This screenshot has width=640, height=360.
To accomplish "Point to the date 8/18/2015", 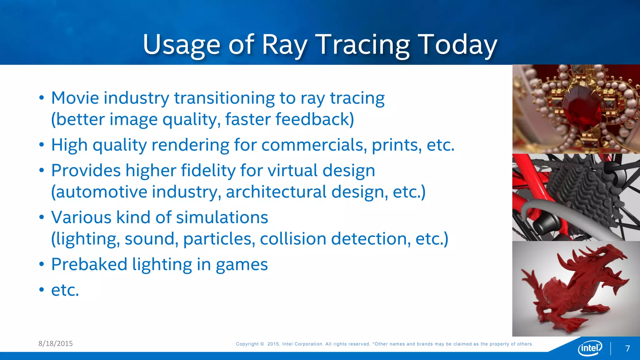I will pyautogui.click(x=55, y=343).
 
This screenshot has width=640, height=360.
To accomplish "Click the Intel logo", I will pyautogui.click(x=590, y=348).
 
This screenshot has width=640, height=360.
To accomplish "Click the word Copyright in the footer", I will pyautogui.click(x=247, y=344).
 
